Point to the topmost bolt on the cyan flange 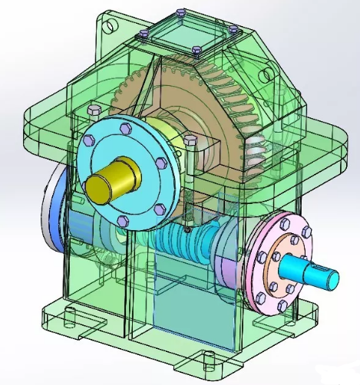(125, 127)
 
